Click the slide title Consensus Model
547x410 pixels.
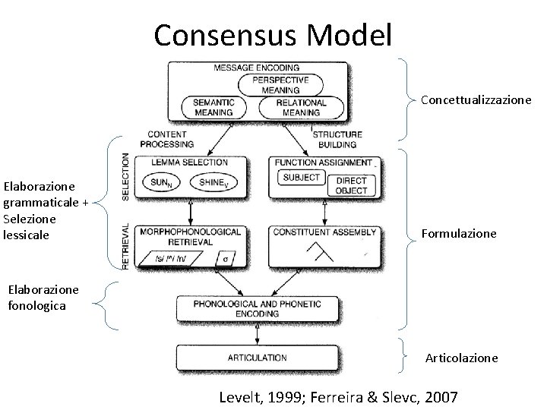[x=273, y=34]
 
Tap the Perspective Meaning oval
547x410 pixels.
[x=280, y=84]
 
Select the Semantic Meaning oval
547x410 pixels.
[x=213, y=107]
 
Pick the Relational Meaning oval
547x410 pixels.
[x=301, y=107]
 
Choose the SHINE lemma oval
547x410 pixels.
[x=214, y=181]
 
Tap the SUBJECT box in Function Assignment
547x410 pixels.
[x=301, y=178]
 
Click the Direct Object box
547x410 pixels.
[x=350, y=184]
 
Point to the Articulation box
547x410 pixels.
[x=258, y=357]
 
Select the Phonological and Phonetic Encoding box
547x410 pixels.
[x=258, y=308]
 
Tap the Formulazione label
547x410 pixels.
[x=459, y=234]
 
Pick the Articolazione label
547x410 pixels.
[x=461, y=357]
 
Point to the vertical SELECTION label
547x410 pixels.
[x=125, y=177]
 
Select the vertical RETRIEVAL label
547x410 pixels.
[x=125, y=246]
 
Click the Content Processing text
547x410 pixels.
[x=167, y=139]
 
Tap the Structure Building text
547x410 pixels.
[x=338, y=139]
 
